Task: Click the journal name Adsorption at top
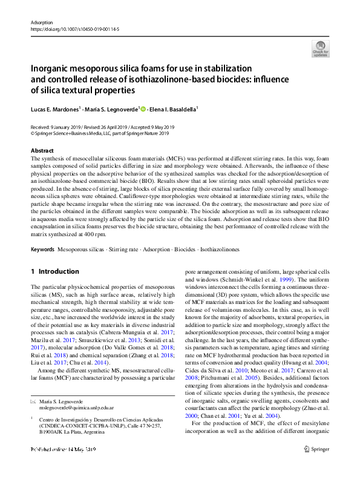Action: (42, 21)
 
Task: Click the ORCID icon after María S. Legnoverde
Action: (143, 109)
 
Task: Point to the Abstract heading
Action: (42, 150)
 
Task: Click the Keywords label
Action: (42, 249)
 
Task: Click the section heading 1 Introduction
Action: (55, 271)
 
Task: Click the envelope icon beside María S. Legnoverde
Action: (33, 385)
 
